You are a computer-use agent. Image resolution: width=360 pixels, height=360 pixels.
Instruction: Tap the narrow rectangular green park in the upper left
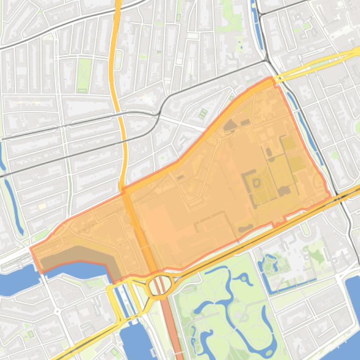tap(84, 75)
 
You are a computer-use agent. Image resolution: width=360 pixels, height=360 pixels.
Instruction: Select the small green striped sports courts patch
tap(203, 114)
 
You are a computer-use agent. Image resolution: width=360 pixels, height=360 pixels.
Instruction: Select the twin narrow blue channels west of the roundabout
tap(122, 299)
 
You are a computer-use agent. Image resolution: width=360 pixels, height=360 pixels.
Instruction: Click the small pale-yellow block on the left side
tap(43, 206)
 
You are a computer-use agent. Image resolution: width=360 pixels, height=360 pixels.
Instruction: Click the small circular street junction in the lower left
tap(57, 311)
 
